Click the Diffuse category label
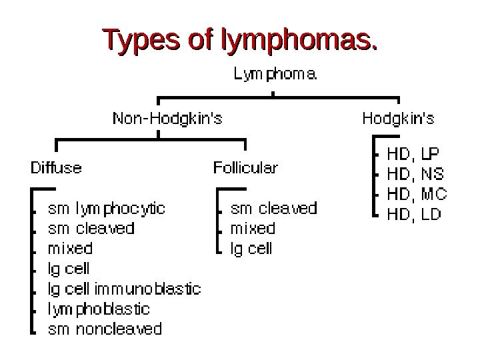pyautogui.click(x=57, y=167)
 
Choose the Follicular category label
pyautogui.click(x=245, y=167)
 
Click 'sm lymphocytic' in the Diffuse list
pyautogui.click(x=107, y=209)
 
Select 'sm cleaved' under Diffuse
pyautogui.click(x=91, y=229)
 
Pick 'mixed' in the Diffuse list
pyautogui.click(x=70, y=249)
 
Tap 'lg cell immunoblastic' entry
pyautogui.click(x=125, y=289)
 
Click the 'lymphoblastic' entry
pyautogui.click(x=99, y=309)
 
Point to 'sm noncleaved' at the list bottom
pyautogui.click(x=105, y=329)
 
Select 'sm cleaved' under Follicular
pyautogui.click(x=273, y=209)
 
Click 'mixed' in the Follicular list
pyautogui.click(x=253, y=229)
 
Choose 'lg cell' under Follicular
pyautogui.click(x=251, y=249)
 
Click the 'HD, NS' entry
pyautogui.click(x=415, y=174)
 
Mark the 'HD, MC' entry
pyautogui.click(x=417, y=194)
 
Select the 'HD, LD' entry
pyautogui.click(x=415, y=214)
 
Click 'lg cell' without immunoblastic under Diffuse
pyautogui.click(x=69, y=269)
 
